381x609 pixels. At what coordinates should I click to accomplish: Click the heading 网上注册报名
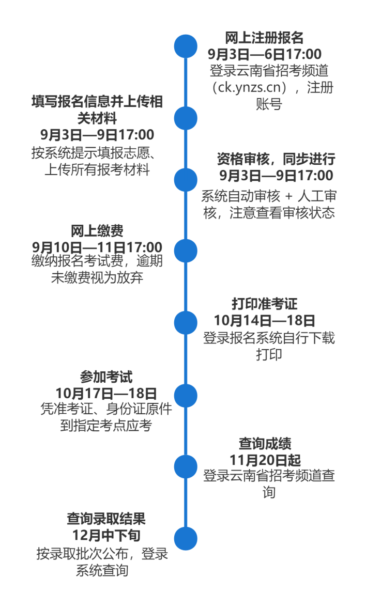click(x=264, y=38)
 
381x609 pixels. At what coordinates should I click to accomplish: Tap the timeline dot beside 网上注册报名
click(x=186, y=46)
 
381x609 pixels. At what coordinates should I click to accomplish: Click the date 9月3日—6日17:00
click(x=264, y=54)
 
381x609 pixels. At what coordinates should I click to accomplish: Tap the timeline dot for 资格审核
click(x=186, y=180)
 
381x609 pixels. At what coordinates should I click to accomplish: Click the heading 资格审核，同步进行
click(x=276, y=159)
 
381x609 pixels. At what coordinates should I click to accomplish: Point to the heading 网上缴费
click(x=97, y=231)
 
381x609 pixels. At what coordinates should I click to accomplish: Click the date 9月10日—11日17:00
click(x=97, y=247)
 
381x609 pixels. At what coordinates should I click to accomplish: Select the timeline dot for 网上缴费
click(x=186, y=251)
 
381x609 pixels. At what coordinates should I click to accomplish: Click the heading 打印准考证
click(x=264, y=304)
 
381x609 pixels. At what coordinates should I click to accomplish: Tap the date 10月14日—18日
click(x=264, y=320)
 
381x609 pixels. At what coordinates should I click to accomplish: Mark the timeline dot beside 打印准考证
click(x=186, y=323)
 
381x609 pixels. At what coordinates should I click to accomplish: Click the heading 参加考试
click(x=106, y=377)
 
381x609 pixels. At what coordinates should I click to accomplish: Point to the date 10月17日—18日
click(x=106, y=393)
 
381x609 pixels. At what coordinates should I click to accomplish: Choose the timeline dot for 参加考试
click(x=186, y=396)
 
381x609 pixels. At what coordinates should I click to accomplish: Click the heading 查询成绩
click(x=265, y=444)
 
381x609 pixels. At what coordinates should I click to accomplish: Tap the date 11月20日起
click(x=265, y=460)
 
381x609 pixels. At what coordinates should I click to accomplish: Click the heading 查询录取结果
click(x=106, y=519)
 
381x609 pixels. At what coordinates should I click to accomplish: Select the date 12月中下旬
click(x=106, y=536)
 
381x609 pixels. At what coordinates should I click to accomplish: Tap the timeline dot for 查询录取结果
click(x=186, y=539)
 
